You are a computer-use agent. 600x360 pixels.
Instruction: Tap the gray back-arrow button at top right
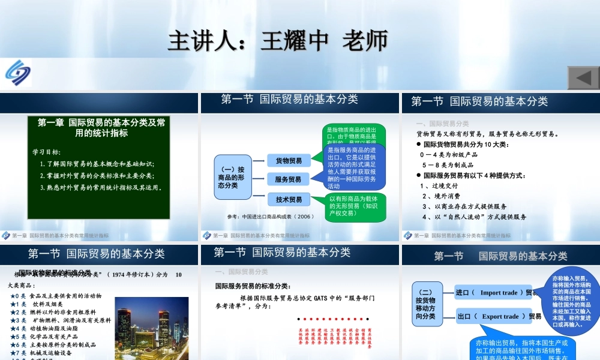pos(584,78)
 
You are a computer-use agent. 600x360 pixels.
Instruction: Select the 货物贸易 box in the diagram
pos(289,160)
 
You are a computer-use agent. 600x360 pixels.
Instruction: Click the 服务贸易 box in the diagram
pos(289,179)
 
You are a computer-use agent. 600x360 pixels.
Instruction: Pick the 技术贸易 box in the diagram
pos(289,199)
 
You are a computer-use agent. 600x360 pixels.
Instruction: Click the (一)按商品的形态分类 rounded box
pos(232,178)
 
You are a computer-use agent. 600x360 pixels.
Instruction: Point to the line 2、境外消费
pos(441,196)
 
